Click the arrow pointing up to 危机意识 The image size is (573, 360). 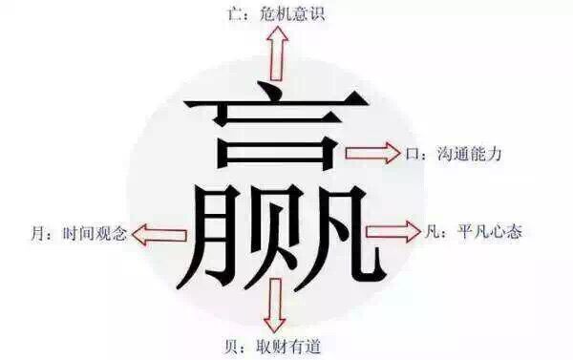pos(278,53)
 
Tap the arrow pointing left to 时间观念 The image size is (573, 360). pos(159,232)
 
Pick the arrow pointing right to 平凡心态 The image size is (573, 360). pos(393,230)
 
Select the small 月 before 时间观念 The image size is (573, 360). pos(34,233)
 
